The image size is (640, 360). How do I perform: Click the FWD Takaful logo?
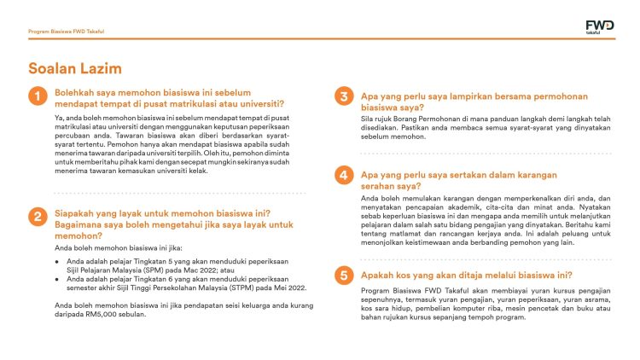(x=598, y=28)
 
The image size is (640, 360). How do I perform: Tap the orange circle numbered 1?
(x=37, y=97)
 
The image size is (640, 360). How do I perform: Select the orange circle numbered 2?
(x=37, y=217)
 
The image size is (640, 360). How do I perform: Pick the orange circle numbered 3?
(x=344, y=97)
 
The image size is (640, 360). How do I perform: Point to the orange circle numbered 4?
(x=344, y=176)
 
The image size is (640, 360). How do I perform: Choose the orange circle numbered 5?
(x=344, y=275)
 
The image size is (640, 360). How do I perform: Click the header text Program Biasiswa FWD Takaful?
(x=67, y=31)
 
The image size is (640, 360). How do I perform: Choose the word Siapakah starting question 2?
(x=81, y=212)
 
